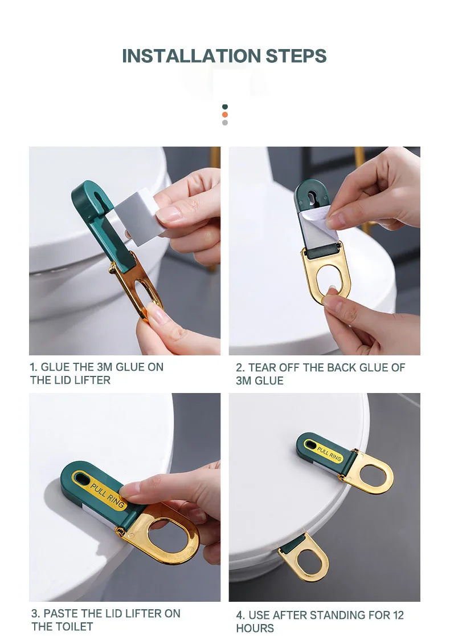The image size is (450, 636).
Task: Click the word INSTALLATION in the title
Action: pyautogui.click(x=191, y=56)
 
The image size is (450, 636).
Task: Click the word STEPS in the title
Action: pyautogui.click(x=296, y=56)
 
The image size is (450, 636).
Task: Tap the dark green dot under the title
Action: pyautogui.click(x=225, y=107)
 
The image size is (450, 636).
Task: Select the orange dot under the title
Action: pyautogui.click(x=225, y=115)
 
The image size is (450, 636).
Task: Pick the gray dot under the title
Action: pyautogui.click(x=225, y=123)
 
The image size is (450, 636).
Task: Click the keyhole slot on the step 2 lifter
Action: pyautogui.click(x=311, y=197)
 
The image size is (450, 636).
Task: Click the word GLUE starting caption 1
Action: pyautogui.click(x=56, y=367)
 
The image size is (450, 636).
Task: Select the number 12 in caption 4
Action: pyautogui.click(x=398, y=615)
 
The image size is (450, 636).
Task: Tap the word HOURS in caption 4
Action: pyautogui.click(x=255, y=628)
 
